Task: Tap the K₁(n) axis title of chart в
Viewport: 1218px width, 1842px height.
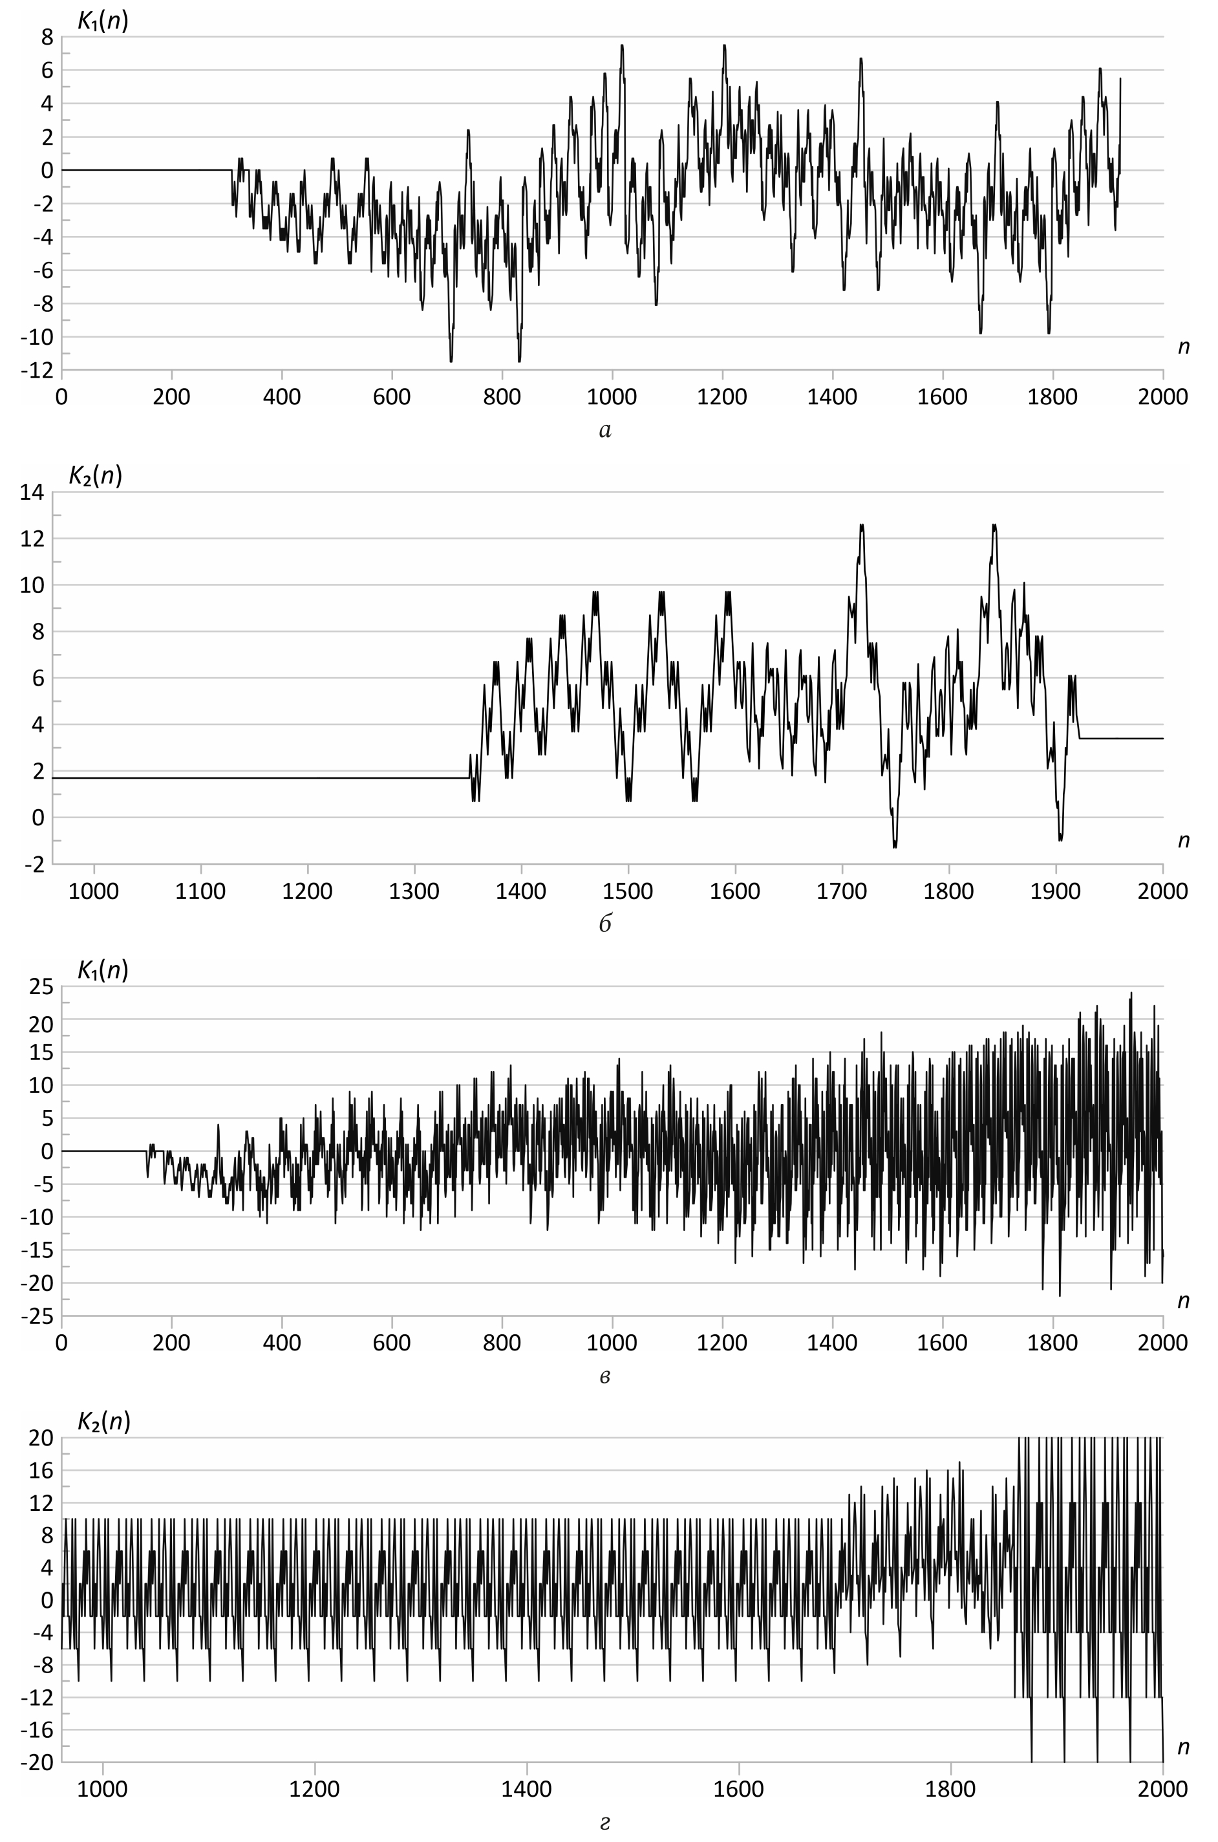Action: pyautogui.click(x=103, y=970)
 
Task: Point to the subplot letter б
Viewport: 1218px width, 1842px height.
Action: pyautogui.click(x=606, y=924)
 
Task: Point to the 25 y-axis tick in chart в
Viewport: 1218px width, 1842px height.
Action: pyautogui.click(x=42, y=988)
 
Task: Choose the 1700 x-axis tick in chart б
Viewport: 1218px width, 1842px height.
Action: pyautogui.click(x=842, y=891)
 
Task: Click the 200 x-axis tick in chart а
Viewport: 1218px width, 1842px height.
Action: pyautogui.click(x=172, y=397)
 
